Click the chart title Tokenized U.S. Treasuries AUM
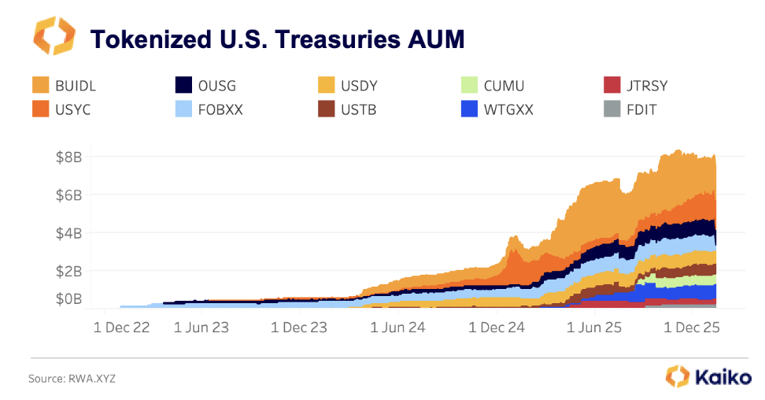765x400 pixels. (277, 38)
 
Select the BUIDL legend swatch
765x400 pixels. (41, 85)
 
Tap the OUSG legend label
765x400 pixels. (218, 86)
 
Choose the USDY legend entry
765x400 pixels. (360, 86)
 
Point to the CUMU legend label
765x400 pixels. (504, 86)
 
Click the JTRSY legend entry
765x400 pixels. (648, 86)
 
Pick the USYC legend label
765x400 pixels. (73, 109)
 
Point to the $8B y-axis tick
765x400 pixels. (68, 157)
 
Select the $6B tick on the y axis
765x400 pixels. (68, 195)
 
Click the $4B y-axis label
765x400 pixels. (68, 233)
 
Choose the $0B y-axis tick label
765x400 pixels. (68, 298)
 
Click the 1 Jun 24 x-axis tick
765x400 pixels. (398, 327)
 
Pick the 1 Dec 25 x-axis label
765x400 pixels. (690, 327)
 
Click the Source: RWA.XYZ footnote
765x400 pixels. (72, 379)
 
